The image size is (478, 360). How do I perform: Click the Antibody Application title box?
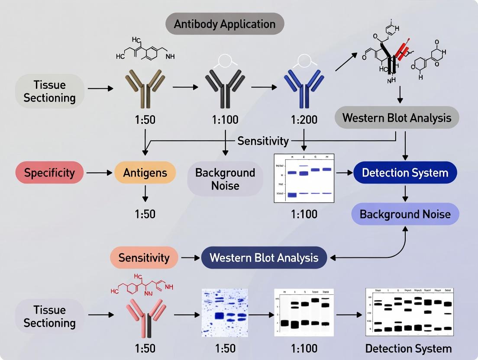[224, 24]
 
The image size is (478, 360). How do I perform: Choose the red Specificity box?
[49, 173]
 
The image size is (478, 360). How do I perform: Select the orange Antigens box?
[145, 173]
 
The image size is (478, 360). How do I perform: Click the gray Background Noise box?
[225, 179]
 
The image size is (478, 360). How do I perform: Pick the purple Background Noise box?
[405, 214]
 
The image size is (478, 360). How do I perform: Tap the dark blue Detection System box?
[405, 173]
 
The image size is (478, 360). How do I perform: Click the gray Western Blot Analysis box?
[397, 118]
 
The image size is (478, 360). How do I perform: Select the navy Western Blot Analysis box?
[264, 258]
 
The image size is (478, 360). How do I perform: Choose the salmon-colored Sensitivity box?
[144, 258]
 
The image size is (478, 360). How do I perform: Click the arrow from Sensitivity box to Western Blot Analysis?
[189, 258]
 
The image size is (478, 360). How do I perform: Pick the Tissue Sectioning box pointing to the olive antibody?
[49, 91]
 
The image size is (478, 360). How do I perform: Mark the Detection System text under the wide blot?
[408, 348]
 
